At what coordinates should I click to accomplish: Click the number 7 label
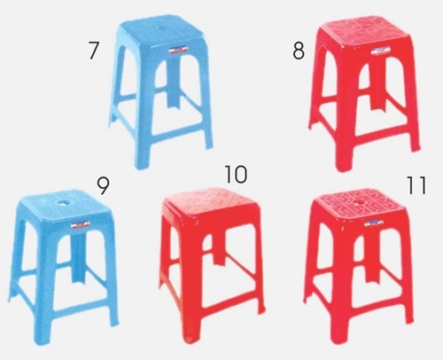pos(93,50)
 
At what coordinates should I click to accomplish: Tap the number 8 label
pos(299,51)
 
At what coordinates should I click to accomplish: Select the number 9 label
pos(103,185)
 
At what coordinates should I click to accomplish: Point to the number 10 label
pos(236,174)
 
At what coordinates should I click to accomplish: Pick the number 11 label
pos(416,185)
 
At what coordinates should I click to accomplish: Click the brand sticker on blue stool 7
pos(178,49)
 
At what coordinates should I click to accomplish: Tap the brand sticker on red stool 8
pos(381,51)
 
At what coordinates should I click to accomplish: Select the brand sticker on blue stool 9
pos(80,224)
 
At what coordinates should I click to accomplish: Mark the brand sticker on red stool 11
pos(374,223)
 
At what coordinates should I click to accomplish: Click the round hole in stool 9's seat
pos(63,203)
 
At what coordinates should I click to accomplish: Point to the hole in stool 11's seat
pos(360,203)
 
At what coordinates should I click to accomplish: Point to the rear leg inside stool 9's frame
pos(77,257)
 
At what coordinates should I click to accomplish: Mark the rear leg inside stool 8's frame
pos(377,86)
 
